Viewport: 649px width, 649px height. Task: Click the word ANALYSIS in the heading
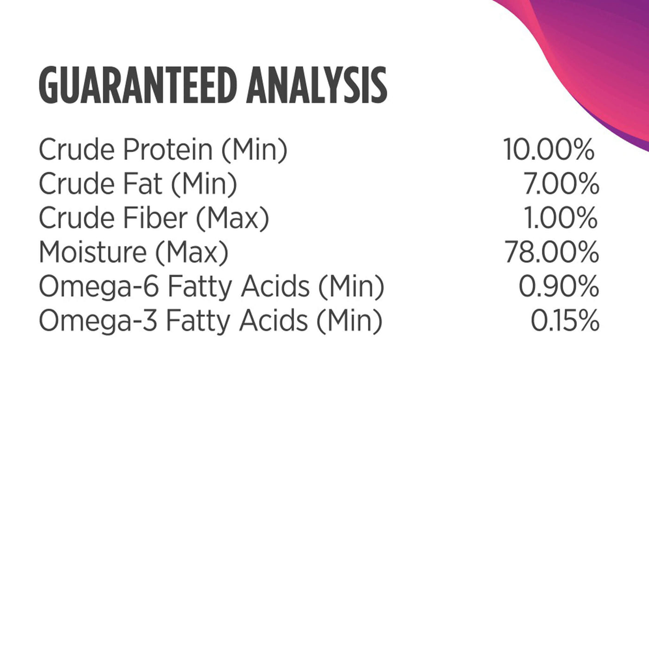click(x=317, y=85)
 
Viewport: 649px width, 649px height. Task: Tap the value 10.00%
click(x=548, y=149)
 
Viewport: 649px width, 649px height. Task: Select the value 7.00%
click(x=561, y=184)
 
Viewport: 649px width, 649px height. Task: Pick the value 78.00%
click(x=552, y=252)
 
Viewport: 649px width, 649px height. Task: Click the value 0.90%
click(x=559, y=286)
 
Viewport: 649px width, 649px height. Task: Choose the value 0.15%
click(x=565, y=320)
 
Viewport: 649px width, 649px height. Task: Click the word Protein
click(x=168, y=149)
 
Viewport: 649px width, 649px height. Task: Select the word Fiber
click(x=155, y=218)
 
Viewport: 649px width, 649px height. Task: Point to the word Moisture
click(x=93, y=252)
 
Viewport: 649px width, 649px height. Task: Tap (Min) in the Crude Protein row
click(x=255, y=150)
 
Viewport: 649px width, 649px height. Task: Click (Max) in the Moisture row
click(x=192, y=253)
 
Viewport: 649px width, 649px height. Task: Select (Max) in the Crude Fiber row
click(x=233, y=219)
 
